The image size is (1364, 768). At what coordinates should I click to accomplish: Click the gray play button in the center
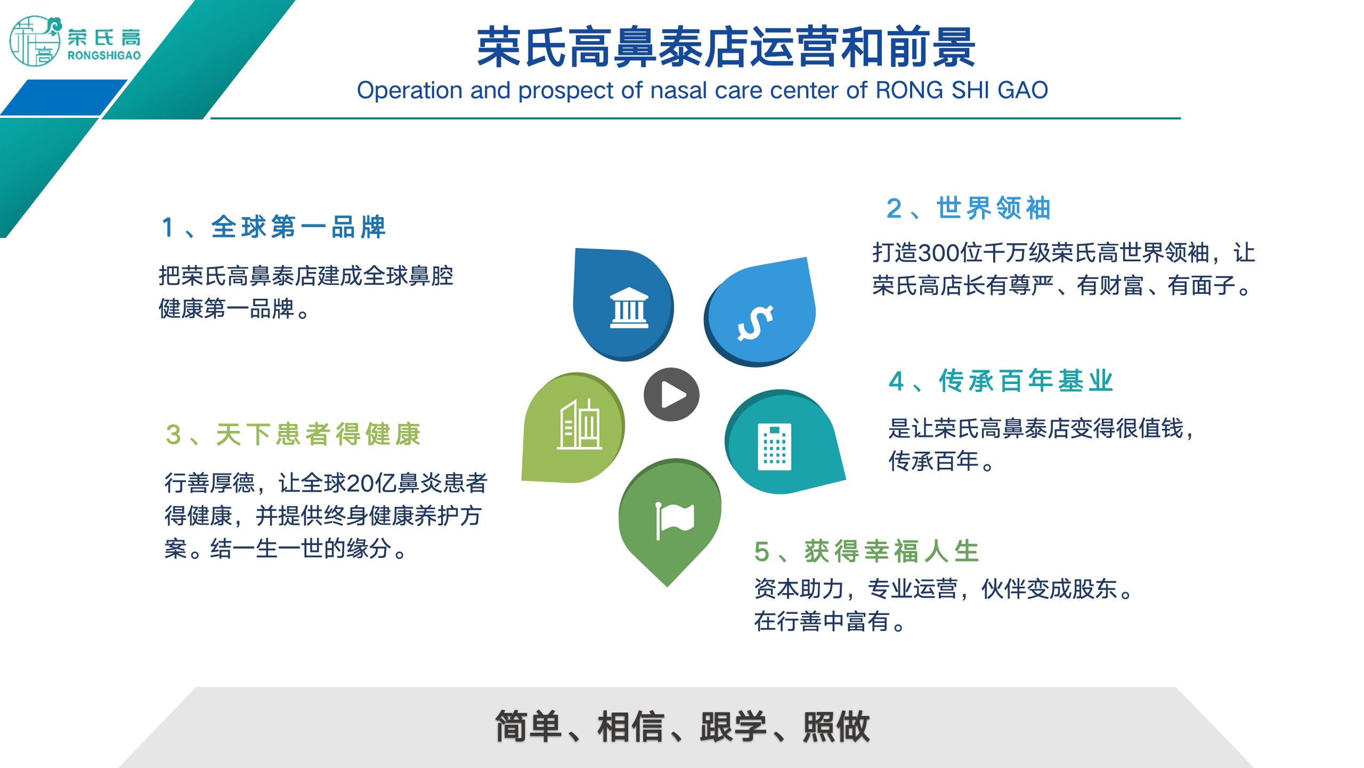pos(671,395)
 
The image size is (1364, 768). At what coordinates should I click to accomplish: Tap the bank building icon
pos(629,308)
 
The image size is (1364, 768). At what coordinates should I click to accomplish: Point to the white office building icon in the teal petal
pos(775,447)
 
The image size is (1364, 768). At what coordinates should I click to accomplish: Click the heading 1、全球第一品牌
pos(274,227)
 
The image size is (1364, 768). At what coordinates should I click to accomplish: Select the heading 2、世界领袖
pos(969,208)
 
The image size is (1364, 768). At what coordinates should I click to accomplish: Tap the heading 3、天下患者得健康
pos(293,434)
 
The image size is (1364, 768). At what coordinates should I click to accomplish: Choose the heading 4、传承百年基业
pos(1001,381)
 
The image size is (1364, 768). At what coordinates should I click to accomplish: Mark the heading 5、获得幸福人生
pos(867,551)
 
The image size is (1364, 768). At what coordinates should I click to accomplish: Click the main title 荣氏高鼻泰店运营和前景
pos(726,48)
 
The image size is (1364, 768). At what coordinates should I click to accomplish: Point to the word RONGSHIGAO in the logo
pos(104,55)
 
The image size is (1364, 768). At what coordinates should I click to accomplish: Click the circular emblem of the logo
pos(35,41)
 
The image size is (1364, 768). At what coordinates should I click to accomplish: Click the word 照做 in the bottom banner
pos(836,726)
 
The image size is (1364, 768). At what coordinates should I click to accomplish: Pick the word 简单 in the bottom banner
pos(529,726)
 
